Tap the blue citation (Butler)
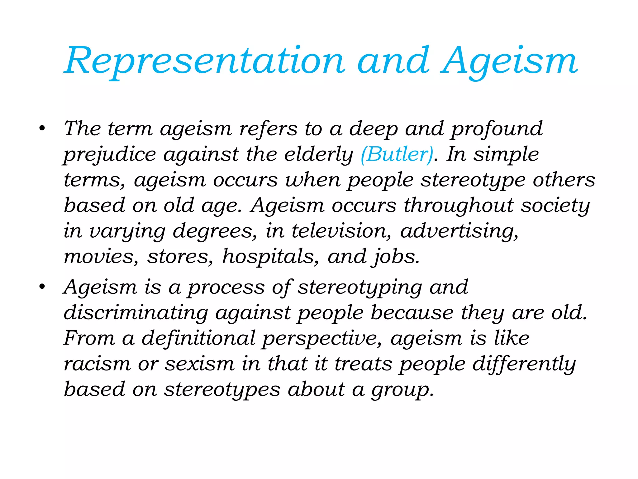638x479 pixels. [x=397, y=154]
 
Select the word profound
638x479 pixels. [x=497, y=129]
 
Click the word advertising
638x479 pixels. [x=459, y=232]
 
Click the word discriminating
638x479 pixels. [x=136, y=313]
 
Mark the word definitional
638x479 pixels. [x=198, y=338]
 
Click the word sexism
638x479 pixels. [x=199, y=364]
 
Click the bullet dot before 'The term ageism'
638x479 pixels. [x=42, y=128]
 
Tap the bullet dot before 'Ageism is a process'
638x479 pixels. [x=42, y=287]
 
